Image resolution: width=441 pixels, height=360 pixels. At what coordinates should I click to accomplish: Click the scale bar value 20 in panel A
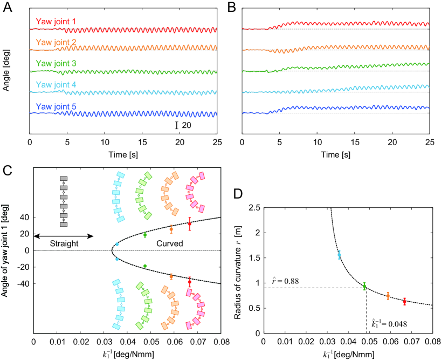(185, 125)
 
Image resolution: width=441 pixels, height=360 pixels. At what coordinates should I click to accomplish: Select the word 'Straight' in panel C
(64, 243)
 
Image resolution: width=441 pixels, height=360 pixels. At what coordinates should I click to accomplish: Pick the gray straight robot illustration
(64, 201)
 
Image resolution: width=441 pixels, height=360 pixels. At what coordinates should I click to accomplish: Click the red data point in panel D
(404, 301)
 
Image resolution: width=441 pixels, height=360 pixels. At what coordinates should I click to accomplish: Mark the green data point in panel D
(364, 286)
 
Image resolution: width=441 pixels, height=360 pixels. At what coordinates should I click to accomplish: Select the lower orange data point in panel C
(171, 276)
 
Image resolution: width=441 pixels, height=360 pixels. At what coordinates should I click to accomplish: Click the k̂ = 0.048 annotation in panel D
(388, 324)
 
